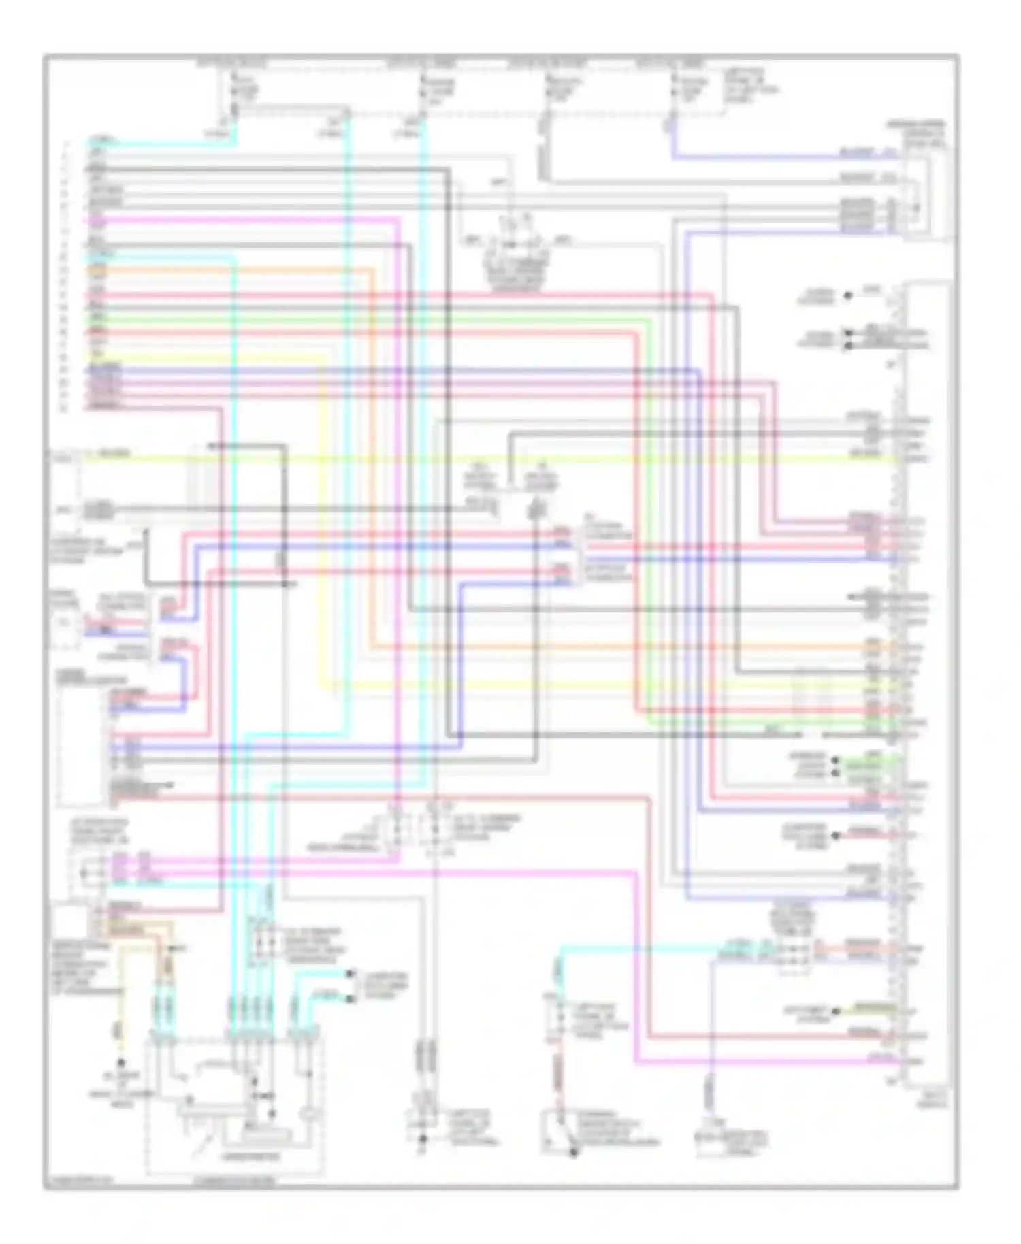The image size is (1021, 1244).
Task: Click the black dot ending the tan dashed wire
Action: click(121, 1062)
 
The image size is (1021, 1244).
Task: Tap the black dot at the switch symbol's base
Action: click(573, 1152)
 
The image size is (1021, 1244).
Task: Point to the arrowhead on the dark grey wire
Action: click(211, 446)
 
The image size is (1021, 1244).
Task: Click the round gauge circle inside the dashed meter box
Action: click(310, 1114)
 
